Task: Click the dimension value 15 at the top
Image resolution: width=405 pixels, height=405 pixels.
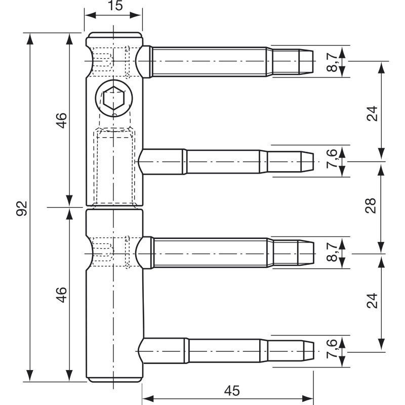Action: tap(115, 6)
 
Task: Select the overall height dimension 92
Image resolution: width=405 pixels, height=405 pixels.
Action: tap(22, 208)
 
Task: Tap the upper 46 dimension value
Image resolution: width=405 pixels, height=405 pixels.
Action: tap(61, 120)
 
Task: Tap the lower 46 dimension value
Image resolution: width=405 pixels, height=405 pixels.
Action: tap(61, 295)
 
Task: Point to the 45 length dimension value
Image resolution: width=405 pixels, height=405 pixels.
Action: tap(232, 391)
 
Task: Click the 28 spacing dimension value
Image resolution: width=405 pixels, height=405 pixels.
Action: tap(371, 206)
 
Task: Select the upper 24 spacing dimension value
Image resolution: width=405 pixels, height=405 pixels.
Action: tap(372, 113)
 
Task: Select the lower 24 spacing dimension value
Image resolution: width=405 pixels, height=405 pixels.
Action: tap(372, 301)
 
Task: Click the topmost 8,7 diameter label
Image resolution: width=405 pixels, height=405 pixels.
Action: tap(332, 61)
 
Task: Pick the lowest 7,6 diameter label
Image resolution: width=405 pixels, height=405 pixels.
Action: tap(332, 348)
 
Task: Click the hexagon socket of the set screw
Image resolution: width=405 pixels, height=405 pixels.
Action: tap(113, 98)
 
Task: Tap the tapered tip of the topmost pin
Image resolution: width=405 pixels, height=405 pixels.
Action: tap(306, 61)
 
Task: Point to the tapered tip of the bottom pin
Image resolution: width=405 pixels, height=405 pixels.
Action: tap(308, 351)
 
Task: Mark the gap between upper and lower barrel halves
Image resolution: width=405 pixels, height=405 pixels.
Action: tap(114, 208)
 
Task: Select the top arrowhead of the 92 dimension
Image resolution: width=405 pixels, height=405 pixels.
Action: tap(30, 39)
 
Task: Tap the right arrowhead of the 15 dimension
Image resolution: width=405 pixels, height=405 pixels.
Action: tap(136, 15)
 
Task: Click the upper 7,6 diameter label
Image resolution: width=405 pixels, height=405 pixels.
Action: tap(332, 158)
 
